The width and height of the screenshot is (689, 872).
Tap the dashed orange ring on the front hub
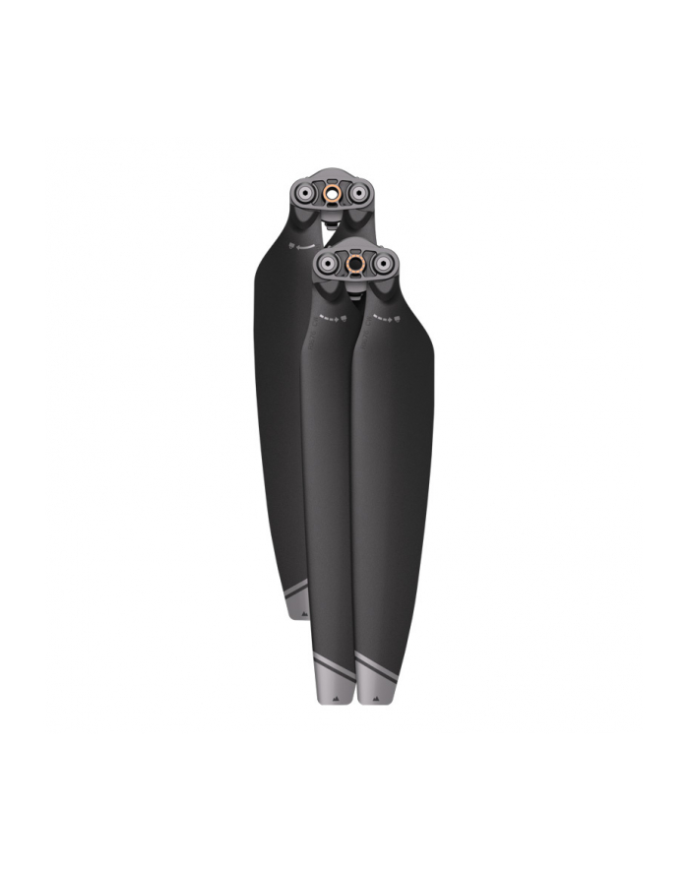click(x=355, y=263)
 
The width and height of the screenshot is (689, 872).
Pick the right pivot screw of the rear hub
click(x=359, y=192)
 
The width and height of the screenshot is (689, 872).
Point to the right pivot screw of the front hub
click(x=382, y=263)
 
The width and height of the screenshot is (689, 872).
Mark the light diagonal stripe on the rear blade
click(x=296, y=588)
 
